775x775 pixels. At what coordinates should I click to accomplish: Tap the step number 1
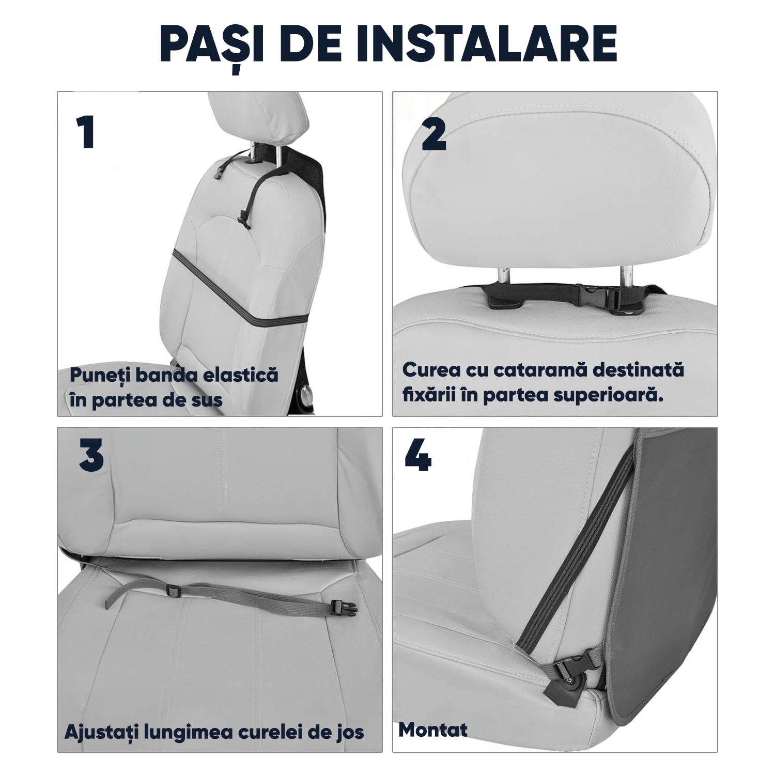(86, 132)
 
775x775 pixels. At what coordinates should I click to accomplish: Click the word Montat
(433, 730)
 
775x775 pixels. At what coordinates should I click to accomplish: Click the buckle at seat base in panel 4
(572, 666)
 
